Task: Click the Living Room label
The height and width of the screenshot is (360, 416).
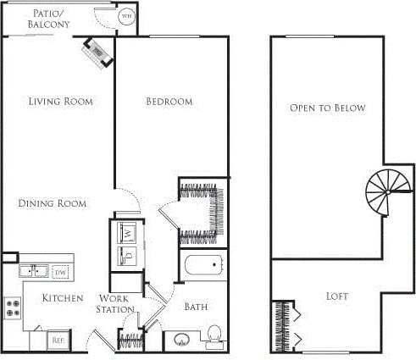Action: point(60,102)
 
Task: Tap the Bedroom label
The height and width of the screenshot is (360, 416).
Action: point(169,102)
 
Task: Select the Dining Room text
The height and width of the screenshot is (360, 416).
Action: point(53,203)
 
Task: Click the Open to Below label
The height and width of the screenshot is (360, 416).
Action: point(327,108)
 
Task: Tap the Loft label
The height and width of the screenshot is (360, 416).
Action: point(337,296)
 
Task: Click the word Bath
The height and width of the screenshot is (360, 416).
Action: point(197,307)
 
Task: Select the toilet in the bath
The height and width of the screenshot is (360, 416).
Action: point(214,333)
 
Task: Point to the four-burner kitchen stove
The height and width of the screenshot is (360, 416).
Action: point(13,307)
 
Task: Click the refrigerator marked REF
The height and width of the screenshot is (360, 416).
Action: point(58,339)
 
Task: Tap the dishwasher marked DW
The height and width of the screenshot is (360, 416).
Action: point(60,272)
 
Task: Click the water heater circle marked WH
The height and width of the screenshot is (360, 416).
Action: point(126,16)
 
